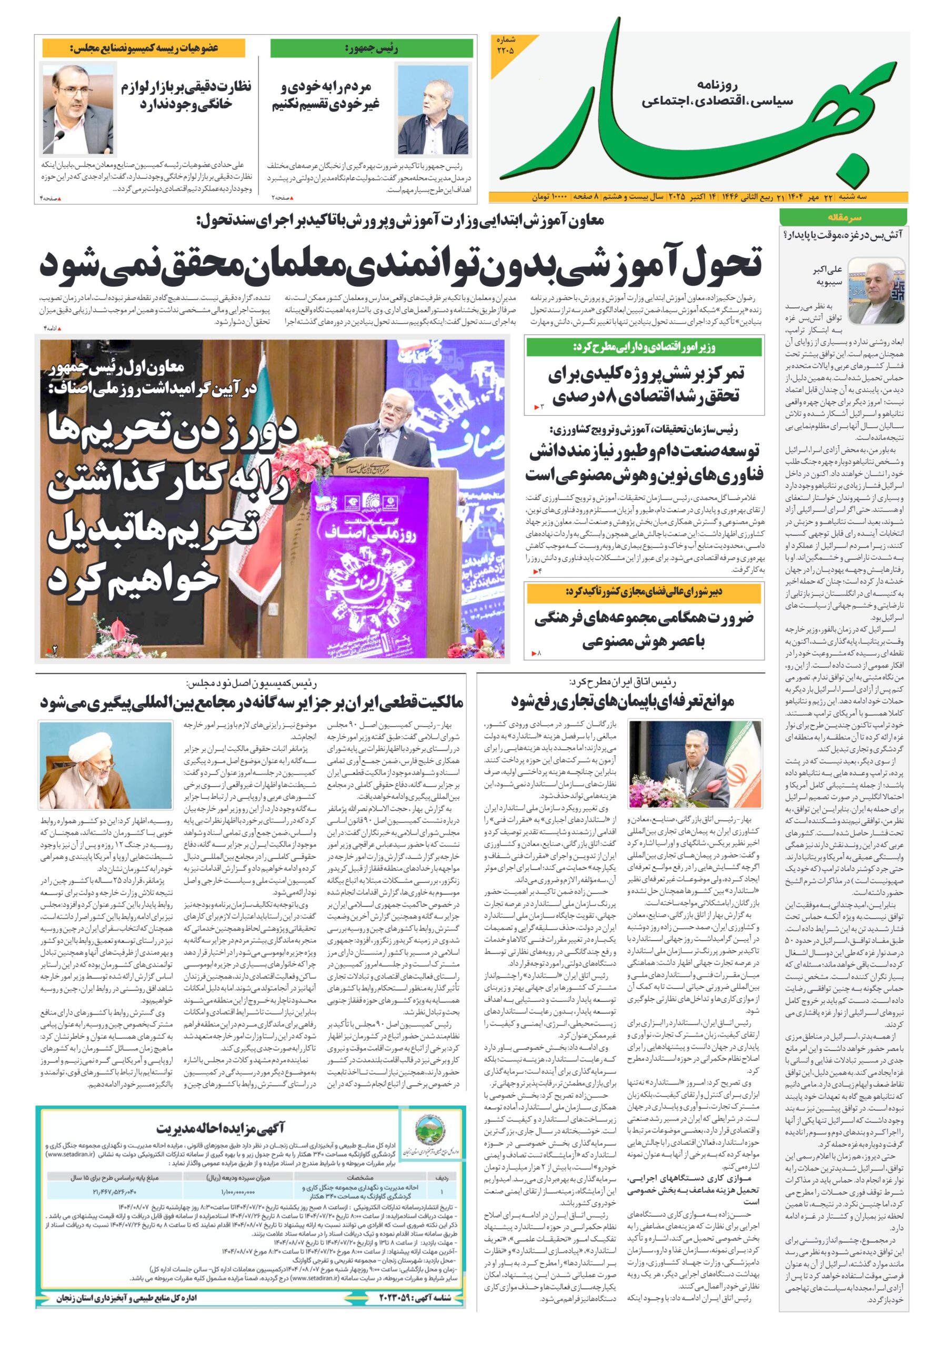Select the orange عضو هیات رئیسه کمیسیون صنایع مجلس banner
144,48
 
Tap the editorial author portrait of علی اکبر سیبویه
876,290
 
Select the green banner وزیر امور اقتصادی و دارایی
644,347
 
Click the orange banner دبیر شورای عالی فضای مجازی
644,592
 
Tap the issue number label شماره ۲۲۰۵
505,45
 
